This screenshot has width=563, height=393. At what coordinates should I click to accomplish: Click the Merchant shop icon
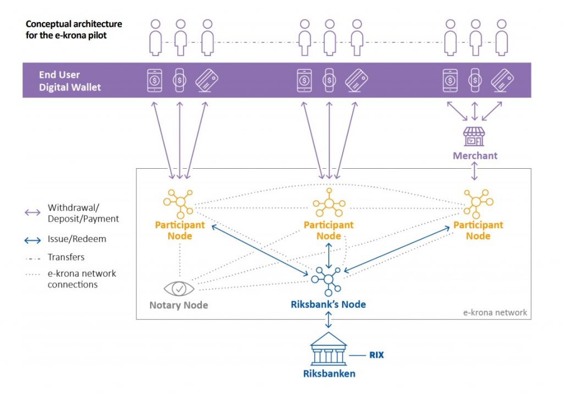point(474,136)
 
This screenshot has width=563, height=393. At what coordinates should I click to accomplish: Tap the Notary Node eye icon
point(179,288)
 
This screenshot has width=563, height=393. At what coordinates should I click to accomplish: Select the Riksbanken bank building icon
point(328,350)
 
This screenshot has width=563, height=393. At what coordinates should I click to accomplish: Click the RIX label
point(377,355)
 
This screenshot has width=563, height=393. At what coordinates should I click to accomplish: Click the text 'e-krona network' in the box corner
point(495,312)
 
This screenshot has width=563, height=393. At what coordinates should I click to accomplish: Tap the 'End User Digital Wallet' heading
point(70,81)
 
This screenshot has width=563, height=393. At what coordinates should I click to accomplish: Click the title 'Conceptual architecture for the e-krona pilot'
point(74,29)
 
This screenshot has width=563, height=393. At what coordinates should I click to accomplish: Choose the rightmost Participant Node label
point(478,230)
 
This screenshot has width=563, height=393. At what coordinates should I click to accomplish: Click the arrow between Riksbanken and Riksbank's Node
point(328,319)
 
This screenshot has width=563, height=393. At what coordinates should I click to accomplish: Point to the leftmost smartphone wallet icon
point(155,80)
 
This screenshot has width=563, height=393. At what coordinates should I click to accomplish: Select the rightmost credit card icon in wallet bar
point(501,80)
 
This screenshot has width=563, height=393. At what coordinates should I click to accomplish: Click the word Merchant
point(475,156)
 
